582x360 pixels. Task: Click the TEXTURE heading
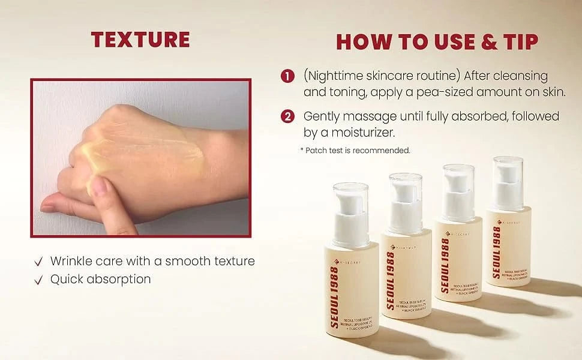coord(140,39)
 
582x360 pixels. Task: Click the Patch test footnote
coord(355,151)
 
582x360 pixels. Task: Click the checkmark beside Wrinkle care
coord(38,262)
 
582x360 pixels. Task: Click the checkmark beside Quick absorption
coord(38,280)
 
